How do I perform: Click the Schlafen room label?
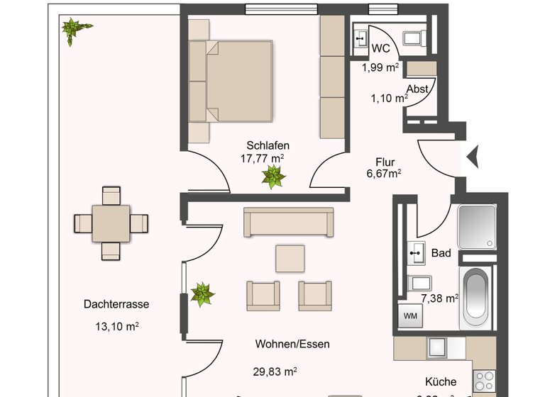click(x=268, y=145)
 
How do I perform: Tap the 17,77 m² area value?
click(x=262, y=159)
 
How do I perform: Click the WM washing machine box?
click(x=410, y=315)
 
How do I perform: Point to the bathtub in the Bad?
click(x=474, y=298)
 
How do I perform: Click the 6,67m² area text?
click(x=384, y=174)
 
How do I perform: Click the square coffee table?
click(x=290, y=258)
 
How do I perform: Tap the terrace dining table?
click(x=112, y=223)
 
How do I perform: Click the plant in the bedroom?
click(x=272, y=177)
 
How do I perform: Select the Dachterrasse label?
click(x=116, y=304)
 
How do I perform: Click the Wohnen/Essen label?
click(x=292, y=344)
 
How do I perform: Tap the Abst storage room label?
click(x=417, y=89)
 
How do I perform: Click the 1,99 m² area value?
click(x=380, y=67)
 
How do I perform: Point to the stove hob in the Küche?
click(x=485, y=383)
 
